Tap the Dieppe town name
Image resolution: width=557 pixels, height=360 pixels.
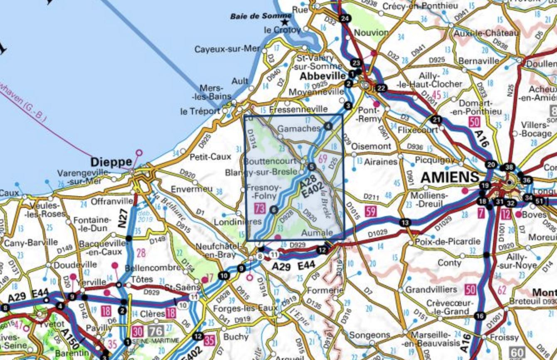(x=111, y=161)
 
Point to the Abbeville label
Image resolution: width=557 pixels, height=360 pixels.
(x=323, y=76)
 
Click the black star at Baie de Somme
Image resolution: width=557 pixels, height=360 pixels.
(x=285, y=22)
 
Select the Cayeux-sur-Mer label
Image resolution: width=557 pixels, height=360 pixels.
(x=227, y=49)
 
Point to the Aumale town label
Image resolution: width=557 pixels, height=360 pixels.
(x=318, y=233)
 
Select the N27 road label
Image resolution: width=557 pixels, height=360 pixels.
(x=122, y=219)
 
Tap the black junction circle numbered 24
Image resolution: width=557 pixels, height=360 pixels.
(x=344, y=19)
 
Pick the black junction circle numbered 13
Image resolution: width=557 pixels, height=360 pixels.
(x=405, y=222)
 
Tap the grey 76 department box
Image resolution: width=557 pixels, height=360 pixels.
(x=156, y=331)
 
